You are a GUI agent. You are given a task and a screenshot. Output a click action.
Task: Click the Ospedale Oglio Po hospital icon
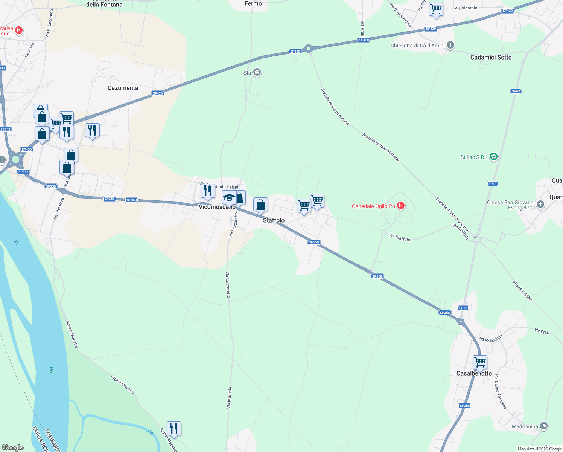[401, 206]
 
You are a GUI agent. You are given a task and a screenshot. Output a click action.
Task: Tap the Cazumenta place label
[123, 88]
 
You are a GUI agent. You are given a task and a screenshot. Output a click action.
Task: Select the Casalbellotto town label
[474, 373]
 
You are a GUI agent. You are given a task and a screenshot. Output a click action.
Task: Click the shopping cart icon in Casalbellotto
[480, 362]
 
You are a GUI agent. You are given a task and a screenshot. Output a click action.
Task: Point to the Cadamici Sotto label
[491, 57]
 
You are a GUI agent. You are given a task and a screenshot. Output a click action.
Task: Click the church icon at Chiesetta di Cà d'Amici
[450, 46]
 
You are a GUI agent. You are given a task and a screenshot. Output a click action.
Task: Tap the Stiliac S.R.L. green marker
[494, 157]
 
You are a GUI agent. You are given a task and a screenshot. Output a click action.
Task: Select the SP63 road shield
[516, 91]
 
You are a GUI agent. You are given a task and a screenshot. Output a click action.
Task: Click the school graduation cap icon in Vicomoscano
[229, 197]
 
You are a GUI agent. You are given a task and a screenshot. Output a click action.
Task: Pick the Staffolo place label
[274, 220]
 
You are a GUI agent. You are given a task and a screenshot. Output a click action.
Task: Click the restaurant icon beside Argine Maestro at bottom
[174, 428]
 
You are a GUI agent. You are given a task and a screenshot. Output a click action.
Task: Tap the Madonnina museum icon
[543, 426]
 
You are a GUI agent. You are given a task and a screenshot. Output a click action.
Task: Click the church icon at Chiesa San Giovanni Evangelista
[540, 205]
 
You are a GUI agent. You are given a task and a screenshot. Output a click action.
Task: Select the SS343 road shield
[5, 130]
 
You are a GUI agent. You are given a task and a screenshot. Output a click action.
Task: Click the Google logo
[13, 447]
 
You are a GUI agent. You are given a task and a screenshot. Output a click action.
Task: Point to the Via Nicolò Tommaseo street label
[501, 392]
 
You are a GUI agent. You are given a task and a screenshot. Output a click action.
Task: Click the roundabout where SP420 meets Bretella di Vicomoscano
[309, 48]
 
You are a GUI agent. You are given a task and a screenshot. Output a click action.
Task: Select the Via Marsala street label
[229, 398]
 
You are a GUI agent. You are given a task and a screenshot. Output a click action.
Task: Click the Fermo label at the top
[253, 3]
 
